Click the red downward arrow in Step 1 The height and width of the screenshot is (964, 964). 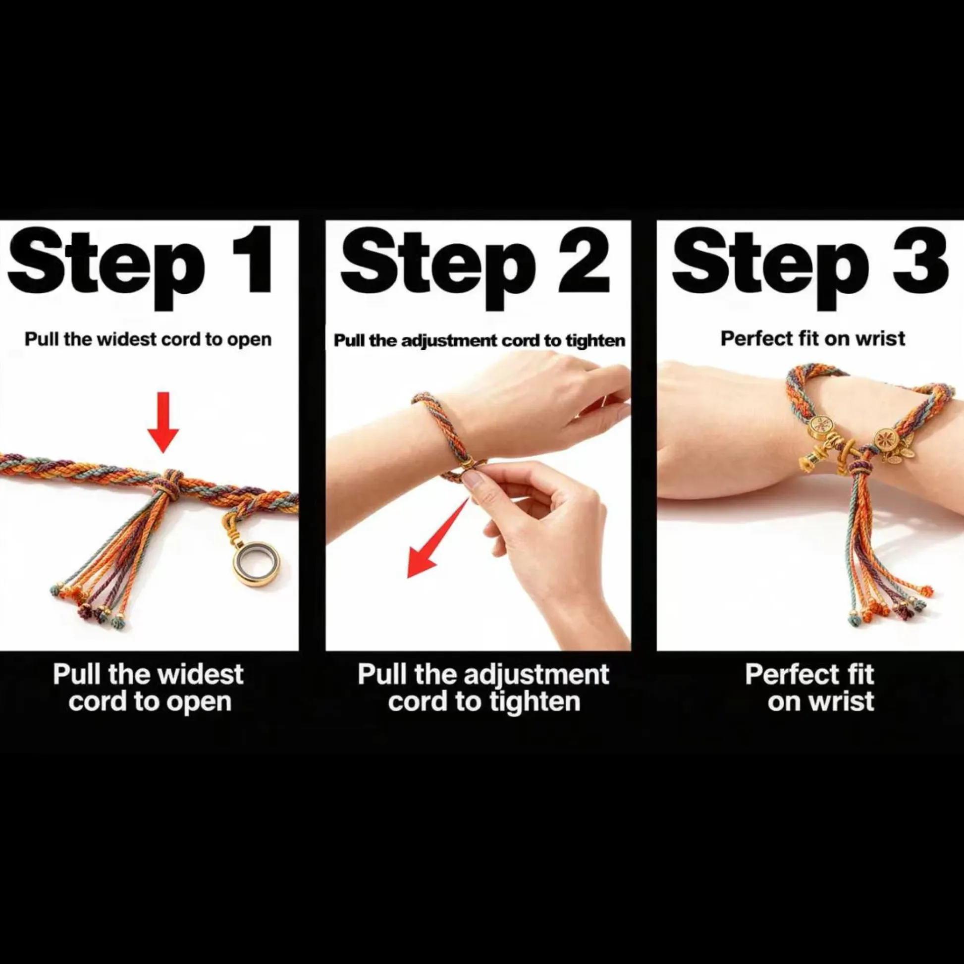coord(163,422)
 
